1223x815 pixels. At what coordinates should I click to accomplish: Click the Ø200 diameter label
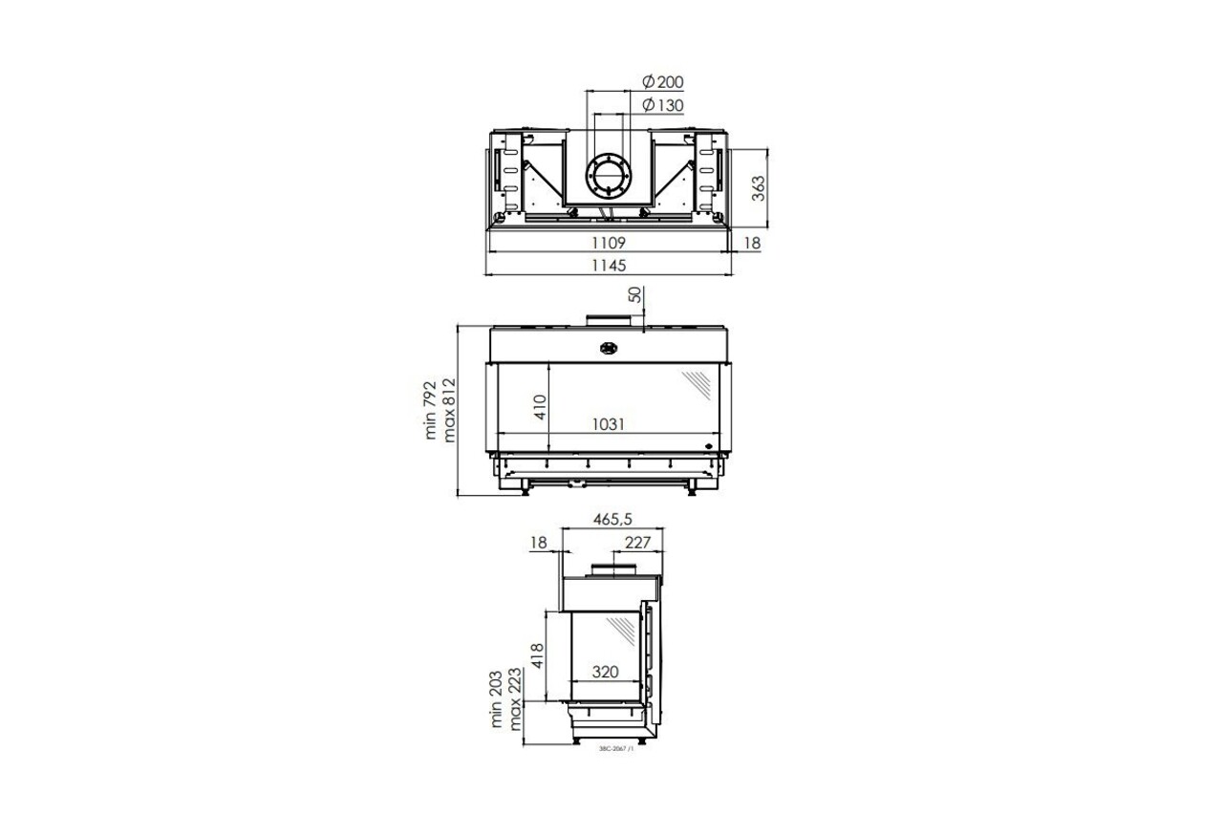click(662, 82)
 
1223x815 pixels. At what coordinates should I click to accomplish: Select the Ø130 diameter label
click(662, 105)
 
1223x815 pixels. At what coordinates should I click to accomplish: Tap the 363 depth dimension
click(757, 187)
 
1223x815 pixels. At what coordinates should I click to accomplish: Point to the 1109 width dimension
click(610, 244)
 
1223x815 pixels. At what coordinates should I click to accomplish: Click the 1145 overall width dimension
click(610, 266)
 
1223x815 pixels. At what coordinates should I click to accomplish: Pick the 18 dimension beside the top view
click(752, 244)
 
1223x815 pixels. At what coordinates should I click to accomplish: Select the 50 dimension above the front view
click(635, 294)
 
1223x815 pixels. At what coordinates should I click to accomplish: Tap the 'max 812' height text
click(450, 410)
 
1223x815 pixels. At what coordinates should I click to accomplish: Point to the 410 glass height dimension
click(539, 406)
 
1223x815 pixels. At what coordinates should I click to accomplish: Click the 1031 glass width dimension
click(609, 424)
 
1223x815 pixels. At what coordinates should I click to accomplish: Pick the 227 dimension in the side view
click(636, 543)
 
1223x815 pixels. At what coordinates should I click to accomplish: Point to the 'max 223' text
click(516, 699)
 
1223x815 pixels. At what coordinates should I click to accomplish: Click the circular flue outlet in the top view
click(608, 177)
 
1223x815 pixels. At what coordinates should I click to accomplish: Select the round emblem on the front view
click(608, 348)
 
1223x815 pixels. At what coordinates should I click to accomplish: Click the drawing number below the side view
click(616, 750)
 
